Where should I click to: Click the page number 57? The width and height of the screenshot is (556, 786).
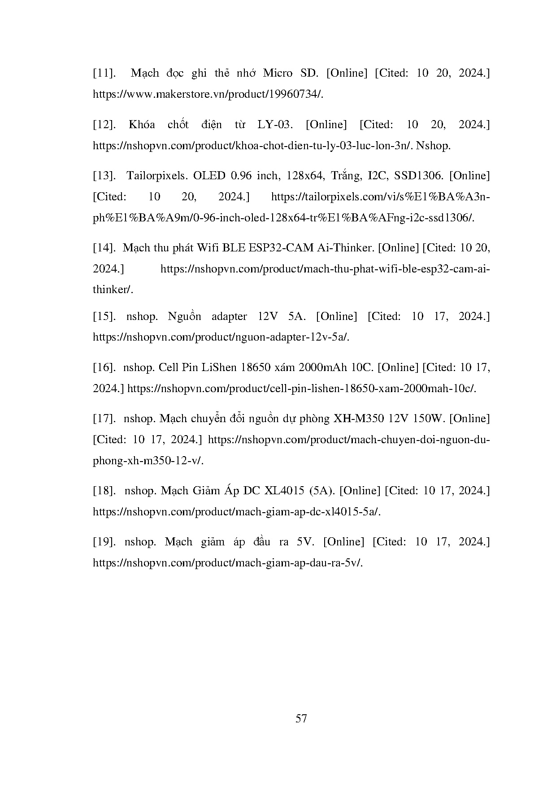[301, 719]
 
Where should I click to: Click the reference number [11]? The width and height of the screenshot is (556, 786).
[105, 73]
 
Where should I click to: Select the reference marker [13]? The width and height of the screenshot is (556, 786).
[104, 176]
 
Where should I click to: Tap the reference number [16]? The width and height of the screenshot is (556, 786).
[104, 367]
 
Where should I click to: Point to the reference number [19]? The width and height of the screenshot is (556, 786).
[104, 542]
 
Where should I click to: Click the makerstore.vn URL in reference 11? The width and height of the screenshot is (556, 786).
[208, 94]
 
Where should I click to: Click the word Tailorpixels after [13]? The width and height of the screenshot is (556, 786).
[156, 176]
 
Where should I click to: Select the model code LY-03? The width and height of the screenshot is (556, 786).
[275, 125]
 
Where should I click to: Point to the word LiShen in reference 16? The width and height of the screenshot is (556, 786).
[219, 367]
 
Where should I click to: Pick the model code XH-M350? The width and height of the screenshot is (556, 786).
[357, 419]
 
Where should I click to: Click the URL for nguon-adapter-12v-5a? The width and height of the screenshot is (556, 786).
[221, 337]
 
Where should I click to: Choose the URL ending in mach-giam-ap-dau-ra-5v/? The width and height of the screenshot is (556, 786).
[227, 563]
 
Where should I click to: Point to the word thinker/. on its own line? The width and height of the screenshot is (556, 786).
[113, 289]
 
